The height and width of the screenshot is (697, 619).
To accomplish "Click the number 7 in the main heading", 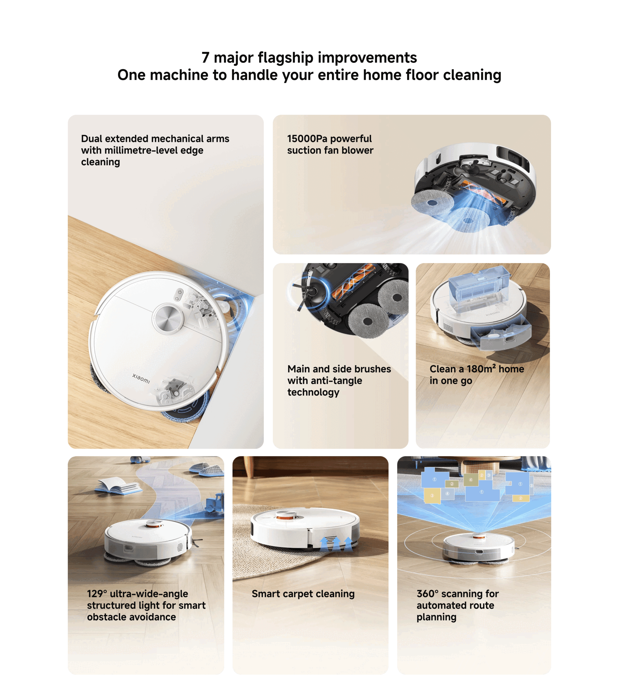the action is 205,58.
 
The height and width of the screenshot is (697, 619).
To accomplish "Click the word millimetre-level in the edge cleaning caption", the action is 154,150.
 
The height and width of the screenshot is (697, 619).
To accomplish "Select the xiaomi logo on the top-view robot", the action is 141,378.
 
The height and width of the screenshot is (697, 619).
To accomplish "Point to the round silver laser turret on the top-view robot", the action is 168,318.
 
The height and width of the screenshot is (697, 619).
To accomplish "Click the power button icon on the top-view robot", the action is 180,292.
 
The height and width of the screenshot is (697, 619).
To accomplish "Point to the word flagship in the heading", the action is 285,58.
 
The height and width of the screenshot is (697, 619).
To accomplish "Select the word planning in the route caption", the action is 436,617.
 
